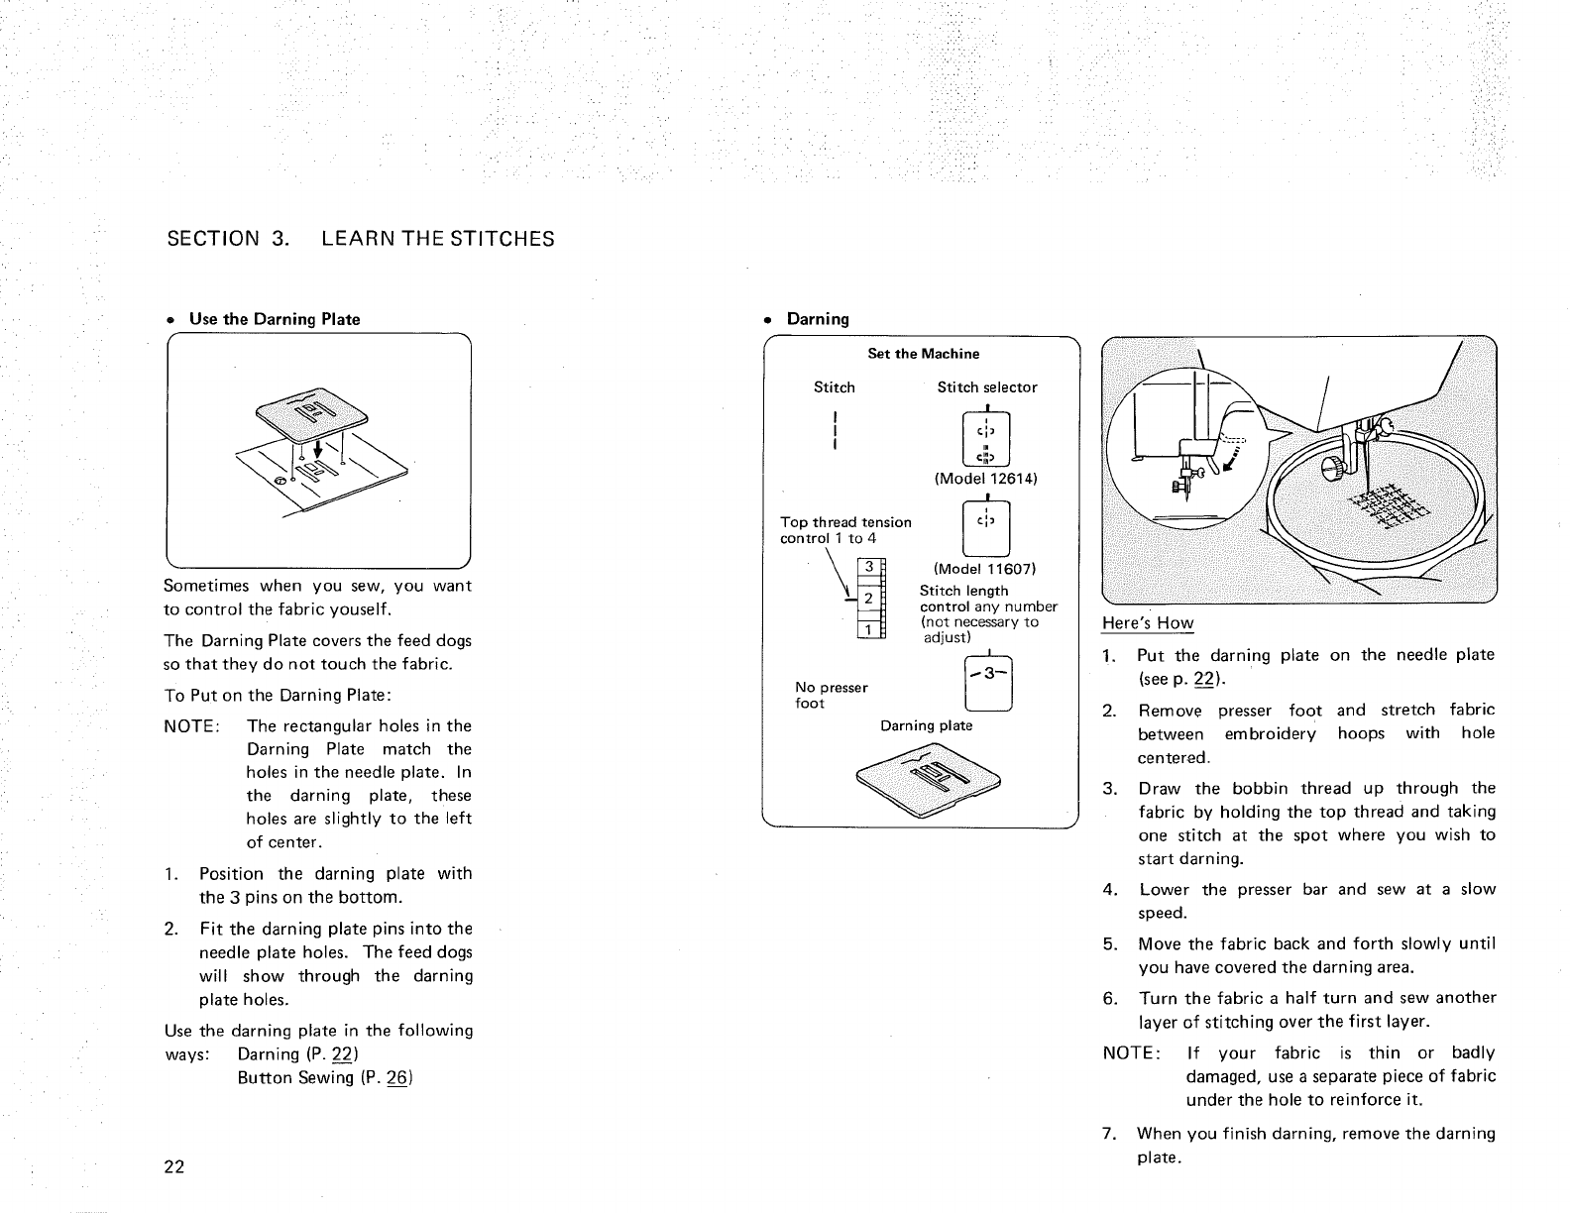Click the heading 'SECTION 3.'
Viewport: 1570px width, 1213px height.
[x=226, y=239]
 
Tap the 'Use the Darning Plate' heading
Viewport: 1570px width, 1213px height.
[x=275, y=319]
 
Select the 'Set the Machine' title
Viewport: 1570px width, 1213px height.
[x=923, y=354]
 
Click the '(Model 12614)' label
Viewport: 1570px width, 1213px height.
[x=985, y=480]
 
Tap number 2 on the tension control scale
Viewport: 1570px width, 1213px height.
[x=867, y=599]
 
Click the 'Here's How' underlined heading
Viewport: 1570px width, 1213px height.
[x=1148, y=623]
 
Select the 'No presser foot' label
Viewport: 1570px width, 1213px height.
[x=831, y=695]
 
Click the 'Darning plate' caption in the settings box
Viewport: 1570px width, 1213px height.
[x=927, y=725]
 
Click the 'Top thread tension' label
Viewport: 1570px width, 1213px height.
[x=845, y=522]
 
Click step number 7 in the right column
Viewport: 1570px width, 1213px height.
[x=1110, y=1134]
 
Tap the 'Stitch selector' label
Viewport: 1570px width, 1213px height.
[x=987, y=387]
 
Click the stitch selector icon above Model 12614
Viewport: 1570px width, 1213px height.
[x=986, y=442]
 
